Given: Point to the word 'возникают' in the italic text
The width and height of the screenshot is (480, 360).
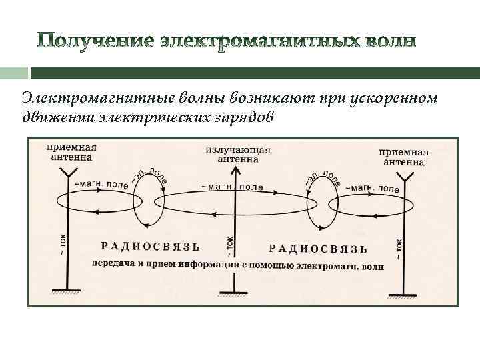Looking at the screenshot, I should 264,98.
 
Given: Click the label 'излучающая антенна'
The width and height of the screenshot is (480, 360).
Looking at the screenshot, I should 238,154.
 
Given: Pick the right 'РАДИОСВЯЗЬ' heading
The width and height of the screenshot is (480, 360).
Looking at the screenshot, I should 317,248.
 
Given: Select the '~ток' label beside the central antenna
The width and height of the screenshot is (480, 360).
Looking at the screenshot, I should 229,245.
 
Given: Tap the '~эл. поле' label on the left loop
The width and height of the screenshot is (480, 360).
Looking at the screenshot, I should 150,176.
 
